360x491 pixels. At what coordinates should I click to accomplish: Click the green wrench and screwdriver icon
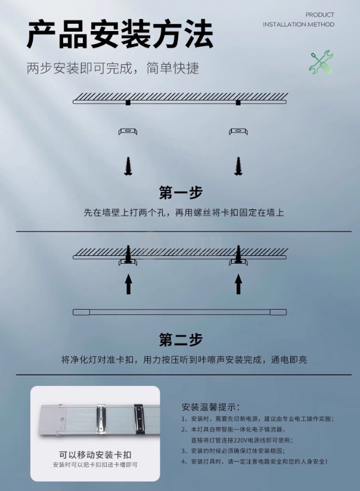(321, 62)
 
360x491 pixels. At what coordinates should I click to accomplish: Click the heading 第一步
(181, 192)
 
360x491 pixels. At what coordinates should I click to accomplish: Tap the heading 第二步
(181, 339)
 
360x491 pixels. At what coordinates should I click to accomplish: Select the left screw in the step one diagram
(128, 166)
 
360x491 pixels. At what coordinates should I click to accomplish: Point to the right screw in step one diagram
(238, 166)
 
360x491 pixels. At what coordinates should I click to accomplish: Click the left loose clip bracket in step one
(128, 131)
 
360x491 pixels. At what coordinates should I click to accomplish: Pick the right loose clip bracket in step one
(238, 131)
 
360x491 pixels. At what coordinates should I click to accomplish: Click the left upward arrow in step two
(128, 284)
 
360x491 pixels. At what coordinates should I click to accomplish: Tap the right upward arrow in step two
(238, 284)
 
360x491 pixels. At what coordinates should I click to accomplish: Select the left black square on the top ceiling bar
(128, 103)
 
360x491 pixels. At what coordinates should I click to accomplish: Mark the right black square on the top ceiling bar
(238, 103)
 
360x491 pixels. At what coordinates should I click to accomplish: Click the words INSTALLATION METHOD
(299, 24)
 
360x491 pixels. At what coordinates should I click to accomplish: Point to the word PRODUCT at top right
(319, 15)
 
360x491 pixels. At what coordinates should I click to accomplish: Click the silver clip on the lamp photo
(101, 419)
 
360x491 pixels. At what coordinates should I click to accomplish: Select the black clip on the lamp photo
(139, 419)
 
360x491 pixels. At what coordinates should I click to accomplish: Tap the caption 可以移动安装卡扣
(95, 455)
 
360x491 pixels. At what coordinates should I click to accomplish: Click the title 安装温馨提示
(211, 407)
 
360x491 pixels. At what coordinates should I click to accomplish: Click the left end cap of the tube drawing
(81, 312)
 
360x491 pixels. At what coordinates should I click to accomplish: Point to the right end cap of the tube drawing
(278, 312)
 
